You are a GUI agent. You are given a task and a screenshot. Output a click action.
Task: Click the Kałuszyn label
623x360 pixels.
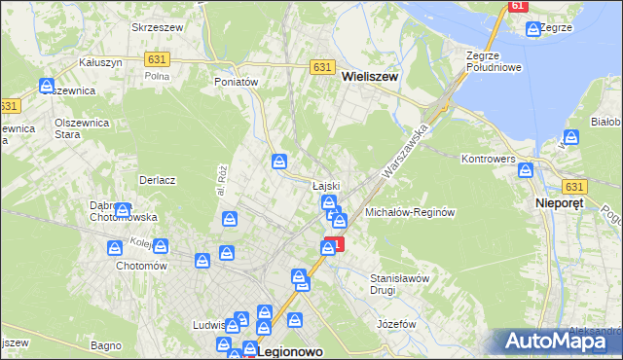click(x=99, y=62)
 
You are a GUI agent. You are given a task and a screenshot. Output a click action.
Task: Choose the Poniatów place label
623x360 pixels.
click(x=236, y=83)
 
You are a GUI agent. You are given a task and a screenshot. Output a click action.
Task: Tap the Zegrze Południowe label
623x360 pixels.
click(x=495, y=61)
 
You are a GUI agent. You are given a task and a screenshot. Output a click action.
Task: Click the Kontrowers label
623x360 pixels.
click(x=488, y=159)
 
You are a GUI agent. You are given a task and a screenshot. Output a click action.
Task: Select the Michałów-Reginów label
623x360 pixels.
click(x=410, y=211)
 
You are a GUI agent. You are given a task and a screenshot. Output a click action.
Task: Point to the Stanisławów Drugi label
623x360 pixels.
click(x=400, y=284)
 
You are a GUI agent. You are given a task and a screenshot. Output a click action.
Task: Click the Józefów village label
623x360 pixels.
click(x=396, y=323)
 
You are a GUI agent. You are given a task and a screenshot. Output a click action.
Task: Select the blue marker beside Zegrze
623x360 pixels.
click(x=532, y=29)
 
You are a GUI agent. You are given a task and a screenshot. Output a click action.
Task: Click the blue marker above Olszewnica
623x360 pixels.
click(x=47, y=86)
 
